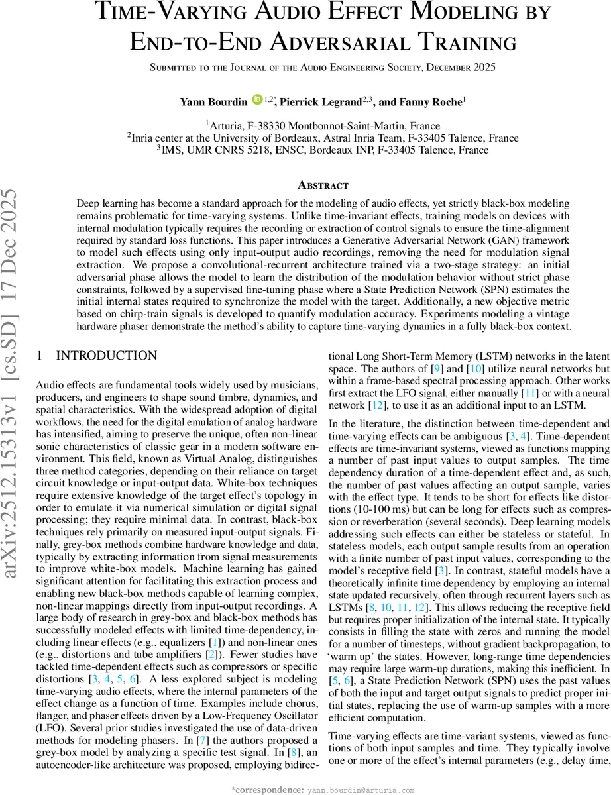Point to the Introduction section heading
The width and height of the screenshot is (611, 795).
pyautogui.click(x=106, y=356)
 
